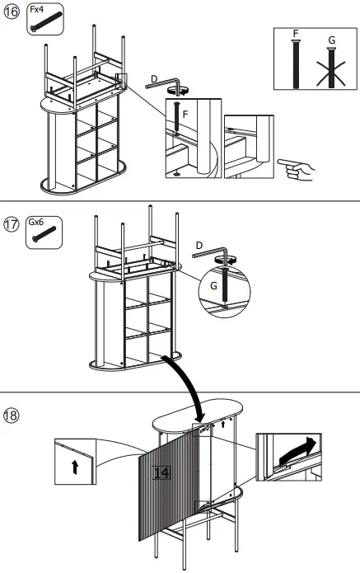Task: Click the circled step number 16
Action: pyautogui.click(x=12, y=14)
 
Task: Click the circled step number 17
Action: pyautogui.click(x=12, y=224)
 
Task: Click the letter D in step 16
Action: pyautogui.click(x=153, y=79)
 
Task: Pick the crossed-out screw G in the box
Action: pyautogui.click(x=331, y=66)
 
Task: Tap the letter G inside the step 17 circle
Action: pyautogui.click(x=212, y=285)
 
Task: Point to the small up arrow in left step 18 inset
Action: pyautogui.click(x=75, y=467)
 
